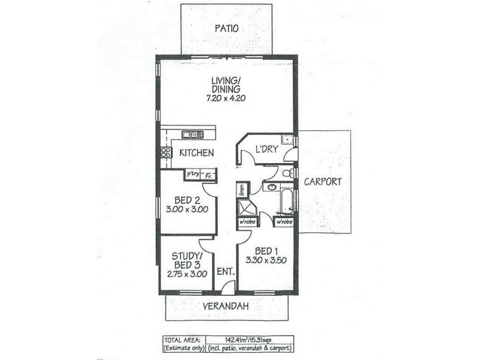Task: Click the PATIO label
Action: (226, 28)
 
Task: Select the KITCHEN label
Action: (197, 153)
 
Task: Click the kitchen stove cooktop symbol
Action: (166, 152)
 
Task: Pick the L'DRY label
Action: (266, 149)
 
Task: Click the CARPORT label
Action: (322, 181)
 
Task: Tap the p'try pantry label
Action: (193, 174)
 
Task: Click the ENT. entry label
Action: (225, 271)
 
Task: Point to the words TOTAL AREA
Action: (182, 339)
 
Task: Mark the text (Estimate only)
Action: (182, 347)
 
